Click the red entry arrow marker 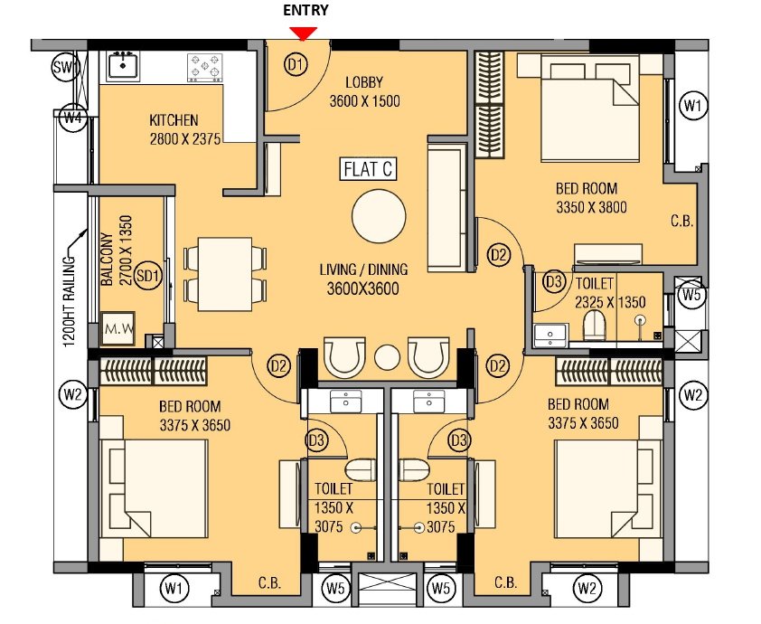[x=305, y=33]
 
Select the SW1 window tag [x=65, y=67]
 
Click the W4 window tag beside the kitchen [x=72, y=117]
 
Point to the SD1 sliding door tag [x=150, y=276]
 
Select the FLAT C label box [x=368, y=169]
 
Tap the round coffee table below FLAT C [x=379, y=216]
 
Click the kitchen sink [x=122, y=64]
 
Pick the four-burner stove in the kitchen [x=204, y=66]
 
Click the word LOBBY [x=364, y=84]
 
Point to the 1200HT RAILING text [x=67, y=298]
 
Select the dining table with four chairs [x=225, y=273]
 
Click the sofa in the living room [x=445, y=207]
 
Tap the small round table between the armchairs [x=387, y=356]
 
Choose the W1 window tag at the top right [x=693, y=107]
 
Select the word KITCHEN [x=174, y=120]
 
